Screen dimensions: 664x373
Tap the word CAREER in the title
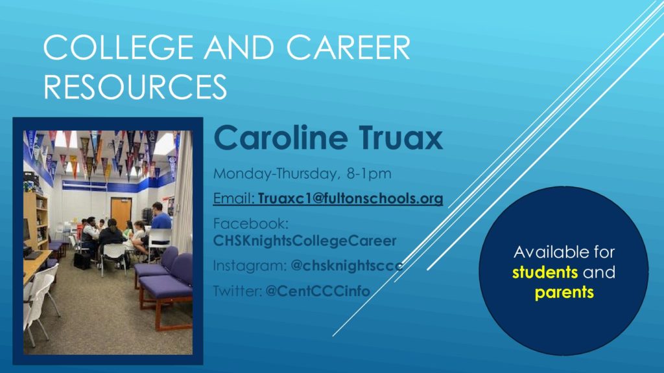pos(348,47)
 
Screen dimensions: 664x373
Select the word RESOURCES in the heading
pos(135,87)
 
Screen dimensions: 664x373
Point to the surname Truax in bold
pos(401,137)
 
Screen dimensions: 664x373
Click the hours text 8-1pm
pos(369,174)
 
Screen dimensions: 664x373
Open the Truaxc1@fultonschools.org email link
pos(351,198)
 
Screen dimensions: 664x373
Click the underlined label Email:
pos(233,198)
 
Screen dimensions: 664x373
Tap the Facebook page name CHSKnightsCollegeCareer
pos(305,241)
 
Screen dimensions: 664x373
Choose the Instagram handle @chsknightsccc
pos(347,266)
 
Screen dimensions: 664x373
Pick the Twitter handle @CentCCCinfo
pos(318,291)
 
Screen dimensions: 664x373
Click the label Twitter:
pos(237,291)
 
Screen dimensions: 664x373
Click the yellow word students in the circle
pos(545,272)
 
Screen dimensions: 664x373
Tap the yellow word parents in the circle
pos(564,292)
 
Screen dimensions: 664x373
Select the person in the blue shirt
pos(161,219)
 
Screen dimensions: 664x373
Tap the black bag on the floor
pos(82,260)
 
